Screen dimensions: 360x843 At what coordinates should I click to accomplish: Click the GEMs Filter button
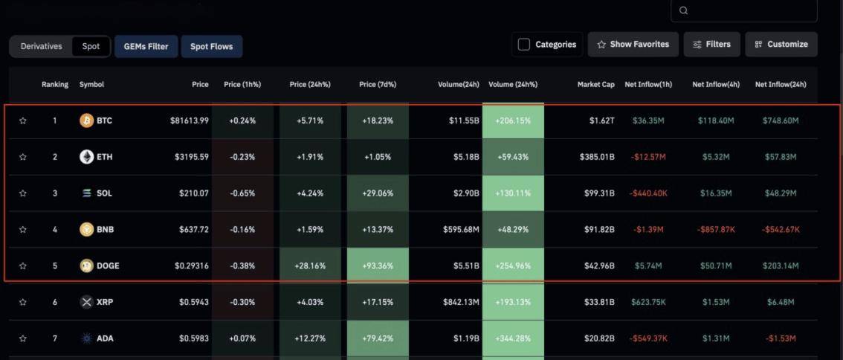point(146,46)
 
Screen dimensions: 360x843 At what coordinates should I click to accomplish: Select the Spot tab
point(91,46)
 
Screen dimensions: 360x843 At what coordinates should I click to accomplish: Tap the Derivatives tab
point(42,46)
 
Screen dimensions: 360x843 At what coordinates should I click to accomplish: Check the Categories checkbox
point(524,45)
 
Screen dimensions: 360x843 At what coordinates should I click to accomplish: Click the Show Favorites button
point(633,45)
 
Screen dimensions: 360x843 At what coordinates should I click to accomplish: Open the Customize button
point(781,45)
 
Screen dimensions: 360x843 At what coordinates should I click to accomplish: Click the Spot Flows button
point(211,46)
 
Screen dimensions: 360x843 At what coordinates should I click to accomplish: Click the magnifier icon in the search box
point(684,10)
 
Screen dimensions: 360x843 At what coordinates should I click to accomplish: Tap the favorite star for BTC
point(23,120)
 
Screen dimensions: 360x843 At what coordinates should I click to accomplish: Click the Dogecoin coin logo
point(87,266)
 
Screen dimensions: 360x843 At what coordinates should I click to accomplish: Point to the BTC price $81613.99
point(189,120)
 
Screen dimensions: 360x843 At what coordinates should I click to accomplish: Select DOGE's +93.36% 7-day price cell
point(378,266)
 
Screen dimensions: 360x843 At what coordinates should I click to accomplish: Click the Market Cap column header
point(595,85)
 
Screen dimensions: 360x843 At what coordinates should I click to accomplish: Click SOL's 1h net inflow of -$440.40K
point(647,193)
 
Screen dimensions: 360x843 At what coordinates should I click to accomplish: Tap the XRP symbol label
point(105,302)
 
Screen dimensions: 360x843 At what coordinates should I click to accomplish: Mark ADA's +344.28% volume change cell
point(513,338)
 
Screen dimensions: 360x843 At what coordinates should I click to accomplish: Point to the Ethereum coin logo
point(87,157)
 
